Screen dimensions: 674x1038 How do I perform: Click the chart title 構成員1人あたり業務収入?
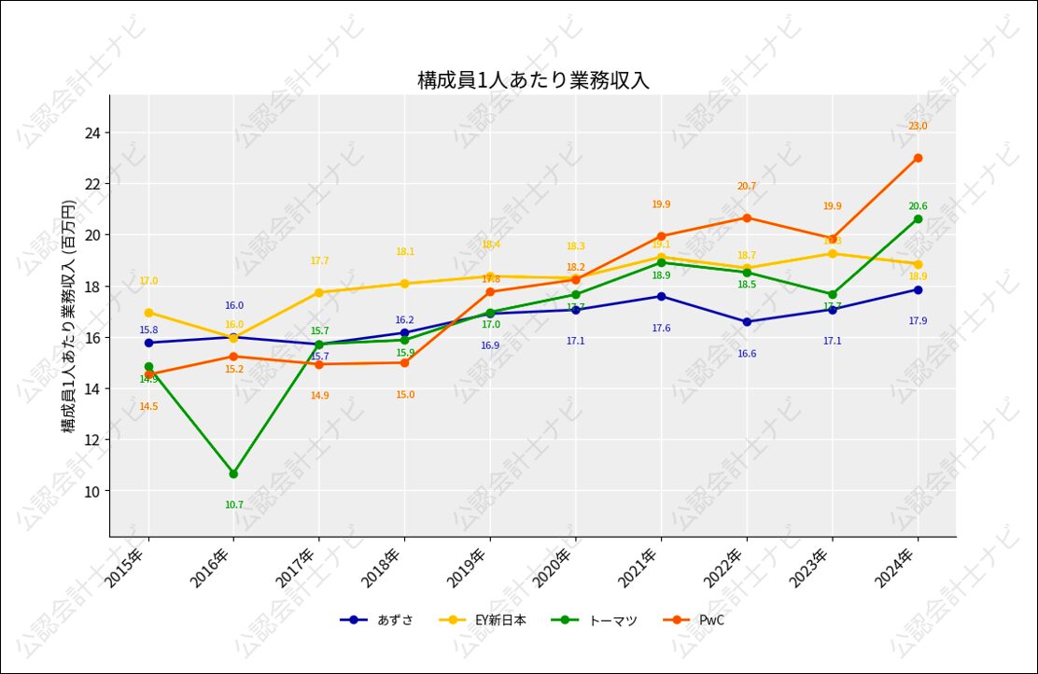click(533, 80)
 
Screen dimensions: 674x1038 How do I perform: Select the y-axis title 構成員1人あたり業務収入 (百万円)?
click(69, 316)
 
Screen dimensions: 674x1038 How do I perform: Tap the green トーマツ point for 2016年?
click(233, 473)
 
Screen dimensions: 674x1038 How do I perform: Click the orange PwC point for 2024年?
click(918, 158)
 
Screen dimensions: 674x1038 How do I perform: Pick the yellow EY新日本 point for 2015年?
click(148, 313)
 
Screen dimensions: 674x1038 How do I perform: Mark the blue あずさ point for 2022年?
click(747, 322)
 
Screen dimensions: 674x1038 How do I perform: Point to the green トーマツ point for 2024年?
click(918, 219)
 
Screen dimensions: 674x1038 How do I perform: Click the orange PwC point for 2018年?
click(404, 362)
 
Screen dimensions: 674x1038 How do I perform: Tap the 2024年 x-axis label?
click(897, 567)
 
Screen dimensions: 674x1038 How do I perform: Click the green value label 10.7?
click(233, 505)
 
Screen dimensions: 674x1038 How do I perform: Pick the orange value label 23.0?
click(918, 126)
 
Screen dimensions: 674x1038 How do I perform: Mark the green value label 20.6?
click(918, 206)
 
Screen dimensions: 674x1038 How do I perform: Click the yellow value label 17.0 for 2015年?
click(148, 281)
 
